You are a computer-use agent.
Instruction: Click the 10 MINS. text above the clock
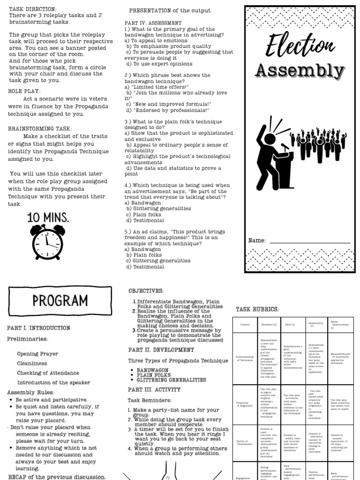48,217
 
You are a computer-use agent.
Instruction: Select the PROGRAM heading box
60,300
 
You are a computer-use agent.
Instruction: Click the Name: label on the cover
257,241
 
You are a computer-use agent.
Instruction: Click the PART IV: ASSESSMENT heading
153,22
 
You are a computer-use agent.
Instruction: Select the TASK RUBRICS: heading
257,309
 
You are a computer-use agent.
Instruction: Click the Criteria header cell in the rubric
245,324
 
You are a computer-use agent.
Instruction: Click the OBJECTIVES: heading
146,291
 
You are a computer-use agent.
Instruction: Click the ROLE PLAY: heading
24,91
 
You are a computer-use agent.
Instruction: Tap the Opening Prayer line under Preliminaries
37,354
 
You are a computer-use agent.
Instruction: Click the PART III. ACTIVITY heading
154,390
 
